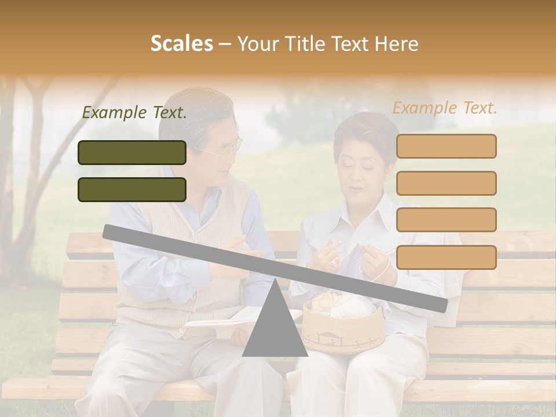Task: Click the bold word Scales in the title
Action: coord(181,43)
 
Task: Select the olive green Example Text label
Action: coord(134,112)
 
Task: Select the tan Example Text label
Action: coord(445,108)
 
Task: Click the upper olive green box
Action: coord(132,152)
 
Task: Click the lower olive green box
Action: coord(132,189)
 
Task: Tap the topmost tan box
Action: coord(446,146)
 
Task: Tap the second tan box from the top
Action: coord(446,183)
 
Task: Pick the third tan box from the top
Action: coord(446,220)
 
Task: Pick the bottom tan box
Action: coord(446,257)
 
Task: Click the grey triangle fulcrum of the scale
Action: coord(275,327)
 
